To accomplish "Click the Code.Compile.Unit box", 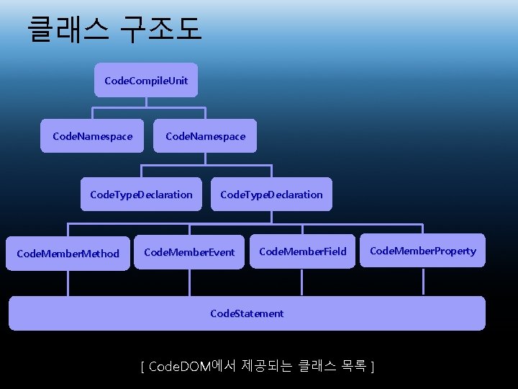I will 146,81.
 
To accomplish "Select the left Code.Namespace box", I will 93,136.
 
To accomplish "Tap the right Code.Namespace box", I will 205,136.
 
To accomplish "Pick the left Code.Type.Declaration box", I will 141,194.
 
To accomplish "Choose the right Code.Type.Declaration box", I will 271,194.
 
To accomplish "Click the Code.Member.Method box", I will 68,254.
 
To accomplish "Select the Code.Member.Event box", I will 189,252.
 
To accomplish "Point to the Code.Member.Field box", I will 302,251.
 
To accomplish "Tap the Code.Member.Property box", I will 422,251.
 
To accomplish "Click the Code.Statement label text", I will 247,313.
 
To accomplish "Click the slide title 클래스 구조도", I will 115,29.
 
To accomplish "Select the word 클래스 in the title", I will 69,29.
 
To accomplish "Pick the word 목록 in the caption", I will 350,367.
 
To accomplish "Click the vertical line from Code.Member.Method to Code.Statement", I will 68,283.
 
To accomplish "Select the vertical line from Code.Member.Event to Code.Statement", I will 189,282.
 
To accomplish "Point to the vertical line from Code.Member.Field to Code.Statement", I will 302,282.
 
